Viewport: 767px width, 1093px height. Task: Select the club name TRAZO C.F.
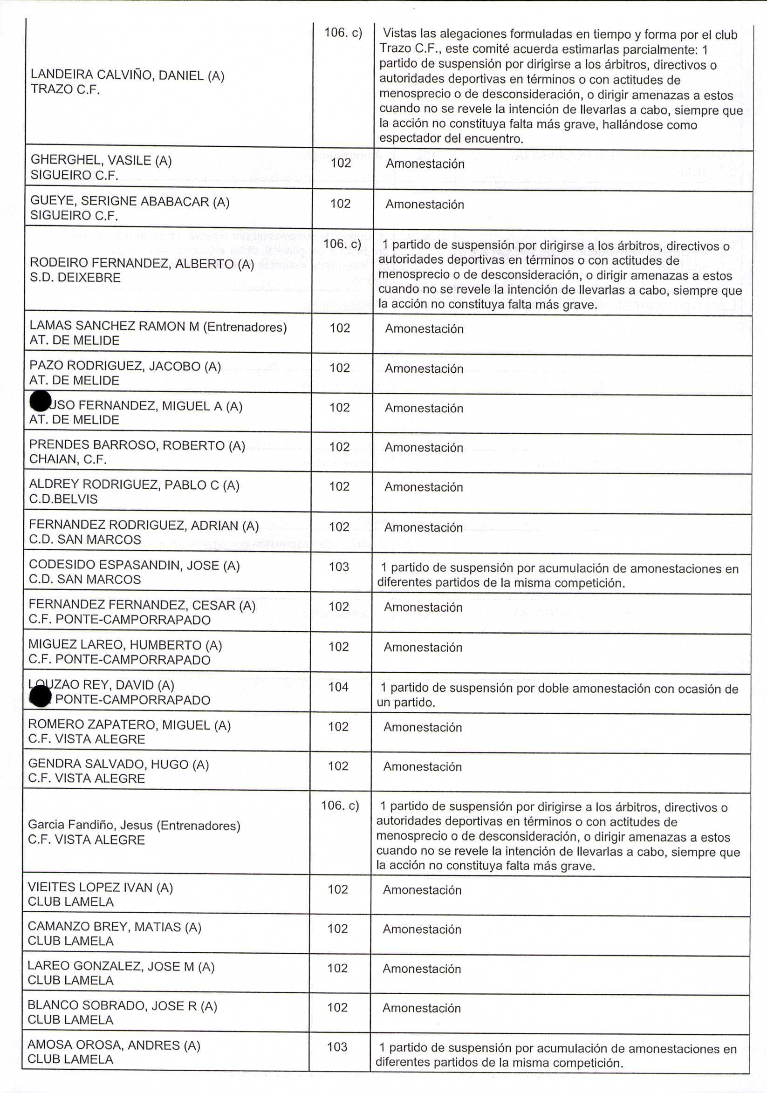65,89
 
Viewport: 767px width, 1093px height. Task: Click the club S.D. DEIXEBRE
75,278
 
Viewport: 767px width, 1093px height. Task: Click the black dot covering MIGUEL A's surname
40,401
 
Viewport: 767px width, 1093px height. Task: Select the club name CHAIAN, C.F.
68,459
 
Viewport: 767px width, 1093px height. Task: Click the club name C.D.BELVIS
63,499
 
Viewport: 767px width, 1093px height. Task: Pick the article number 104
338,687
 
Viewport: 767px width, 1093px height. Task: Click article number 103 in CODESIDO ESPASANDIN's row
338,567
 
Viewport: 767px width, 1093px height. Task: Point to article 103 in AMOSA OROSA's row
337,1047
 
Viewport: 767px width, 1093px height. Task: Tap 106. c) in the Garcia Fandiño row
340,806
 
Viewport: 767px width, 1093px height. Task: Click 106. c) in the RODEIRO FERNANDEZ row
342,244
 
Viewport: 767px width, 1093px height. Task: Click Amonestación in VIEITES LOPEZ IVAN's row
422,890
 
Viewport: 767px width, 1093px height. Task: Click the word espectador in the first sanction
410,139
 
